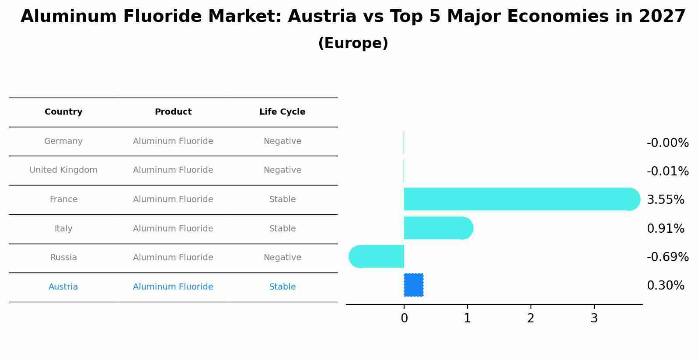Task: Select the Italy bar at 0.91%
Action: [x=437, y=228]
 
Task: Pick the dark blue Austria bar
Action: [x=413, y=285]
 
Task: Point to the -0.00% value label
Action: [x=667, y=143]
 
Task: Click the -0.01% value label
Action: [x=667, y=171]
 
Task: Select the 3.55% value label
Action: [x=665, y=199]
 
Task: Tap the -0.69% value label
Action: [x=667, y=257]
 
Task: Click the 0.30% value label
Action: [x=665, y=285]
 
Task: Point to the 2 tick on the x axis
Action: [x=530, y=318]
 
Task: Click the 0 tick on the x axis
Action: [x=404, y=318]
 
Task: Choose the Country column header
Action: [x=63, y=112]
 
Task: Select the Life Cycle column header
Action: [x=282, y=112]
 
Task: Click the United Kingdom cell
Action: [x=63, y=170]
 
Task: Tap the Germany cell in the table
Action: [x=63, y=141]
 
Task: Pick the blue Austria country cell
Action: [x=63, y=287]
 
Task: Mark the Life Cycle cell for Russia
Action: [x=282, y=258]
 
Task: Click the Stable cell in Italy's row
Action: [x=282, y=229]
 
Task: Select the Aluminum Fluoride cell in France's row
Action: [x=173, y=199]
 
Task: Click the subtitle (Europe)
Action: [x=353, y=43]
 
